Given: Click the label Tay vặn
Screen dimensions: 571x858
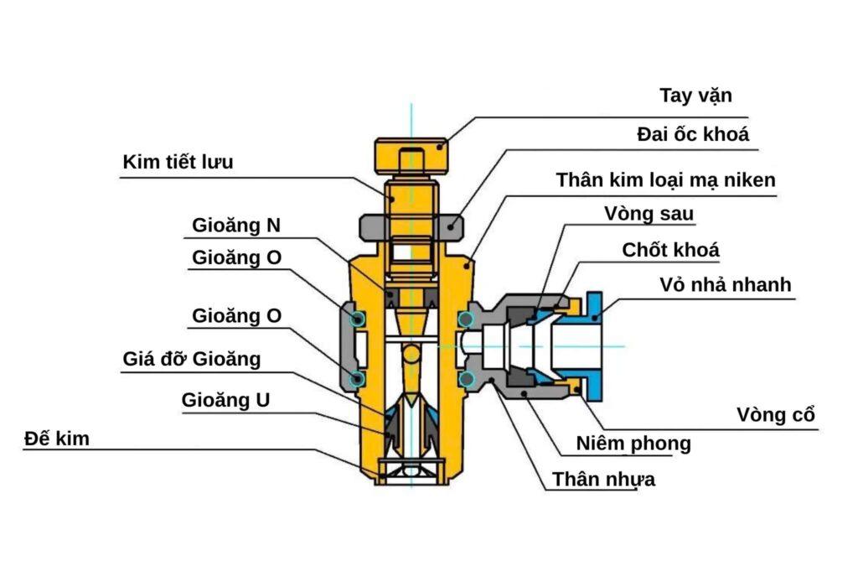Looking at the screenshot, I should tap(695, 95).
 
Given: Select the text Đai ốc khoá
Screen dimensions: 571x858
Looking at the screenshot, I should tap(692, 134).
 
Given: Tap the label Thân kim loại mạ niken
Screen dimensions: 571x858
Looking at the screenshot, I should tap(666, 179).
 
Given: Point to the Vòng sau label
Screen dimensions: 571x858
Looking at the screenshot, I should tap(649, 214).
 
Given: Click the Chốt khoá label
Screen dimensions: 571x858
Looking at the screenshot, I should tap(670, 250).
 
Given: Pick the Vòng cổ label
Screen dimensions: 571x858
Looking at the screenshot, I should tap(776, 414).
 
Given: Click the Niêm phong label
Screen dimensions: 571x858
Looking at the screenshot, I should tap(633, 444).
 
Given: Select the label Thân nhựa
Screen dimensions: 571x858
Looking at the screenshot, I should tap(603, 480).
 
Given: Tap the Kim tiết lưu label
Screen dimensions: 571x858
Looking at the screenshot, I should tap(178, 162).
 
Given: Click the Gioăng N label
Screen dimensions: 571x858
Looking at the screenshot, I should tap(236, 225).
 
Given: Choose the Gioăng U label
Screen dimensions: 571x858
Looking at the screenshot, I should tap(226, 401).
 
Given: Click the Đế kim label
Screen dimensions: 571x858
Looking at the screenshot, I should tap(57, 438).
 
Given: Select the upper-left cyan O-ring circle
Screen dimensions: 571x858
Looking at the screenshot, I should tap(359, 319).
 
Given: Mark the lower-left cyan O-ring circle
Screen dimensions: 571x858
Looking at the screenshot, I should tap(359, 379).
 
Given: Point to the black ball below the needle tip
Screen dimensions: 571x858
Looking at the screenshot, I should tap(411, 356).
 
